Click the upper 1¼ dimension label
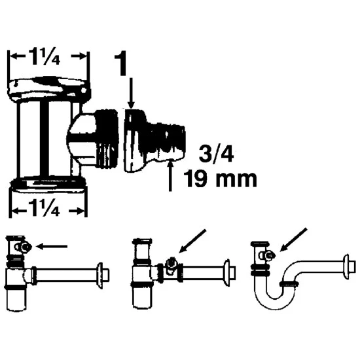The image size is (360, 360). click(x=45, y=57)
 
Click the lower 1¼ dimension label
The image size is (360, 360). click(x=45, y=208)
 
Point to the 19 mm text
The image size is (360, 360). click(x=220, y=179)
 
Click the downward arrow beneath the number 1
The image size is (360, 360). click(x=131, y=93)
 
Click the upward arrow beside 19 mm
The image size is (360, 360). click(x=170, y=175)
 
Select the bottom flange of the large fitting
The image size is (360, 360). click(x=49, y=185)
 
